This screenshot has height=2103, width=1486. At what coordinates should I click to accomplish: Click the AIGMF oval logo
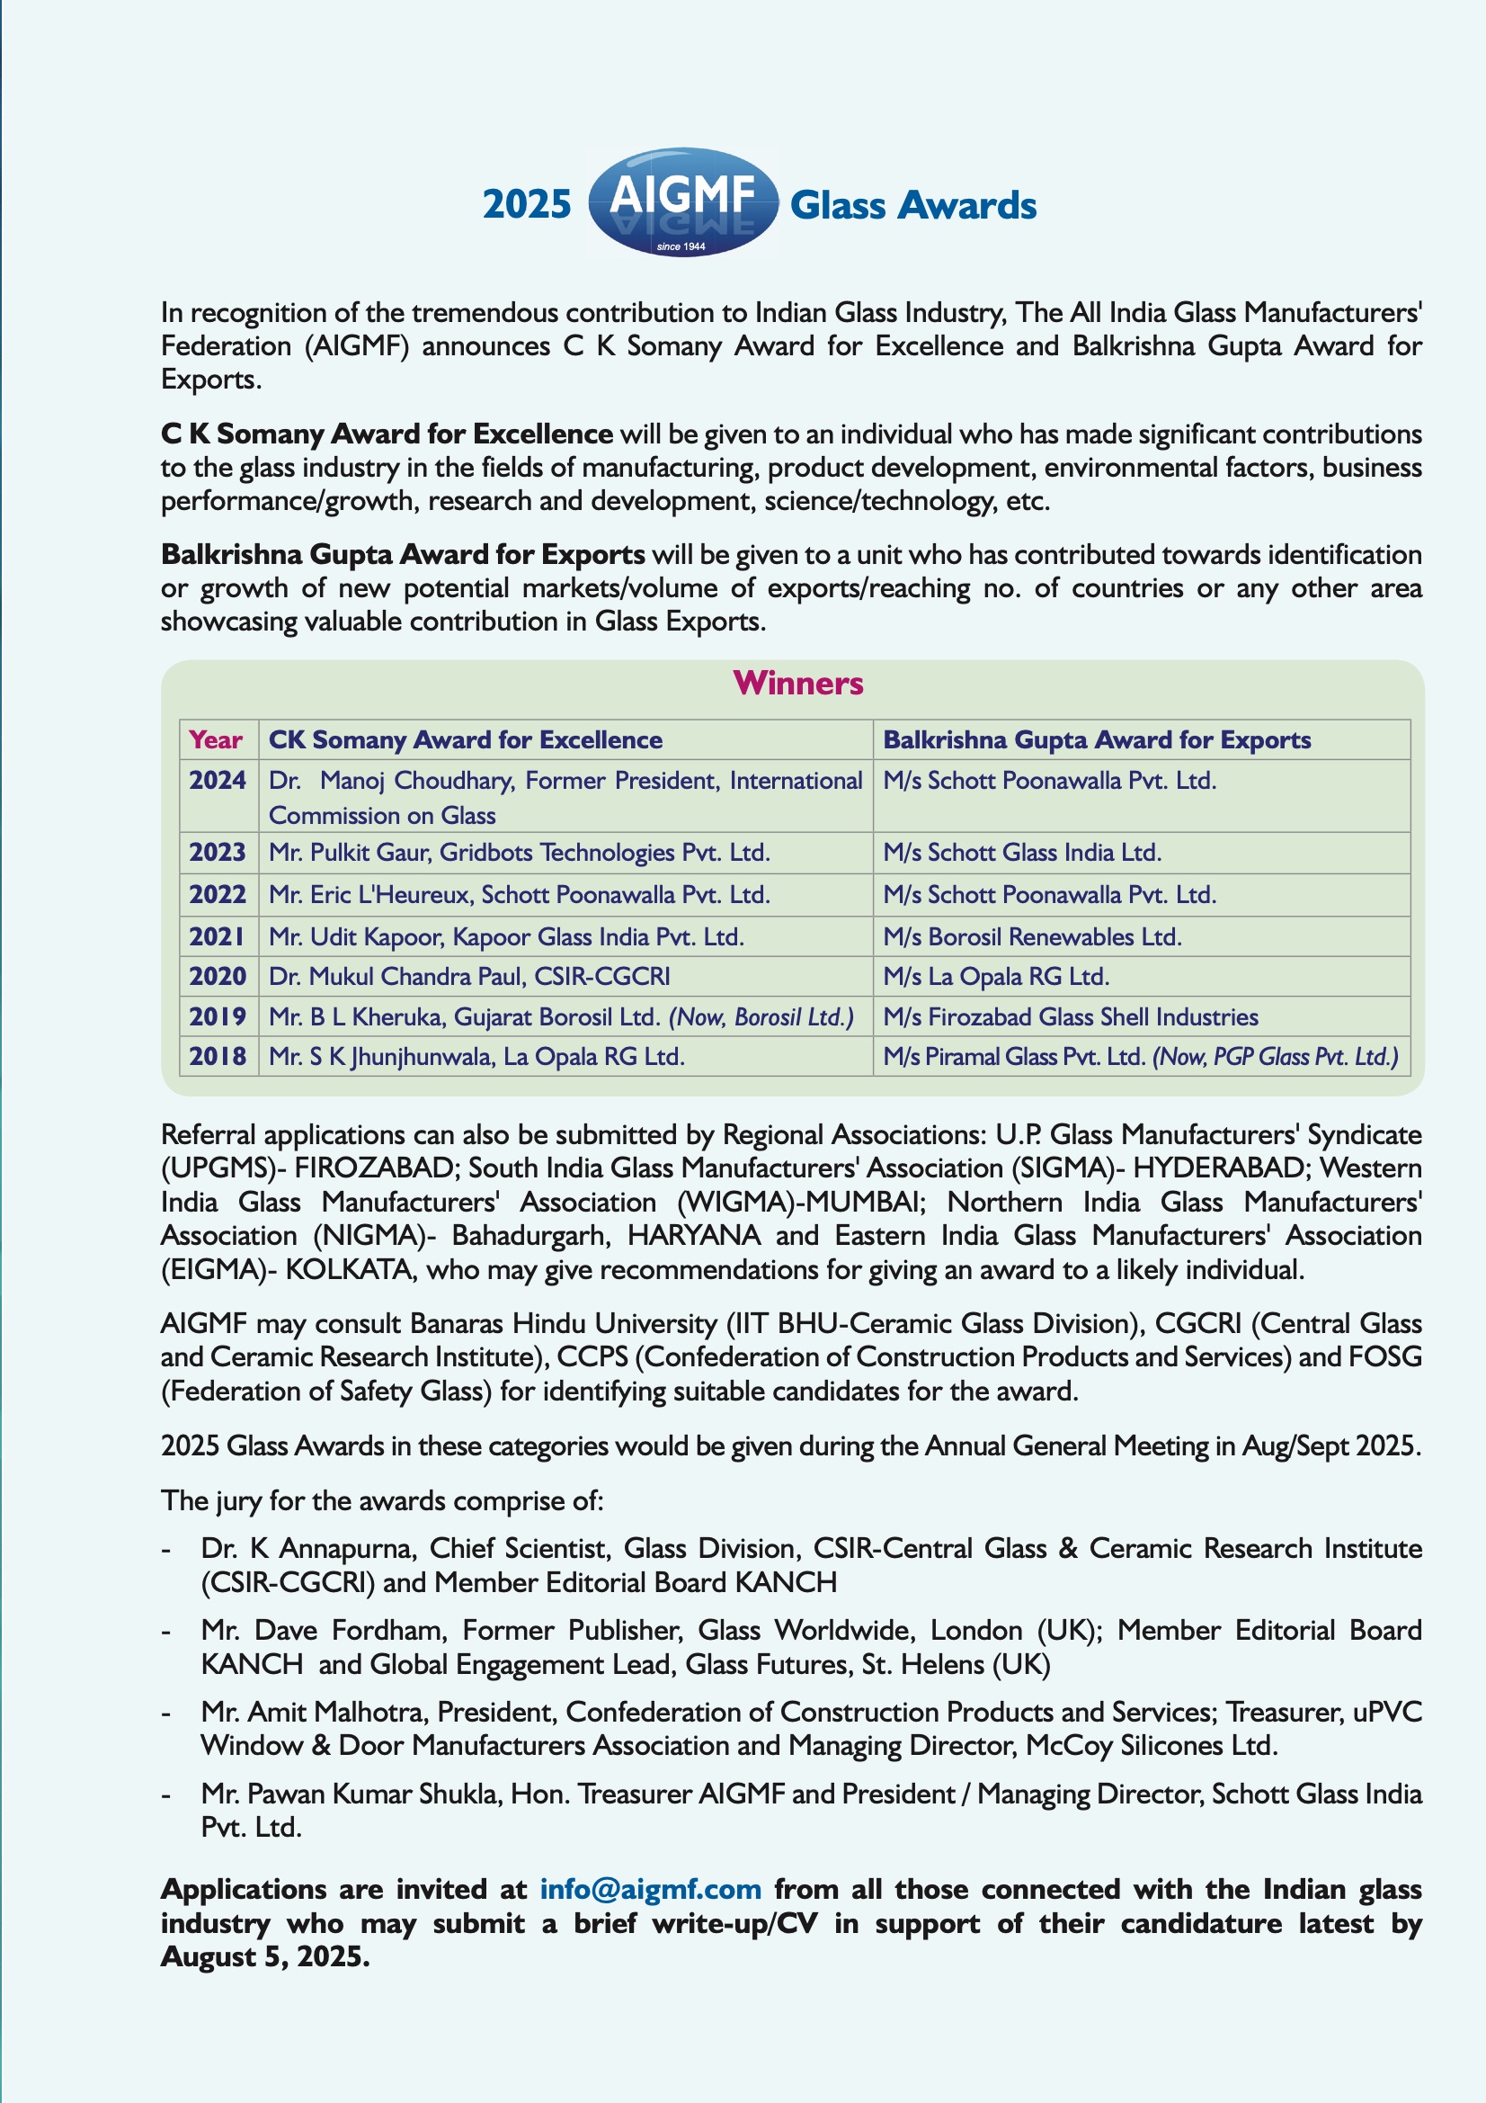[x=682, y=201]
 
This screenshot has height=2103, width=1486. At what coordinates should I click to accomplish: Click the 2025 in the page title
[x=527, y=204]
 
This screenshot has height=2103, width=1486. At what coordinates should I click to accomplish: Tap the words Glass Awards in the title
[x=912, y=205]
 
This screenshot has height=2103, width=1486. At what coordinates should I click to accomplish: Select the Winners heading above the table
[x=797, y=684]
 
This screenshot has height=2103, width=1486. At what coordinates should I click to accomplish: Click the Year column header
[x=216, y=740]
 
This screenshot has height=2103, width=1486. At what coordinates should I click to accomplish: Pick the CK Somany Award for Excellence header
[x=465, y=740]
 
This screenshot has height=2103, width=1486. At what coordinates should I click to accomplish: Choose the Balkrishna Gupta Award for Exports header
[x=1096, y=740]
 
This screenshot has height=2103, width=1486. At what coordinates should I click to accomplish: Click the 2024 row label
[x=218, y=781]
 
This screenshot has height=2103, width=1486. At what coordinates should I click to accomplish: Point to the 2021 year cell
[x=218, y=937]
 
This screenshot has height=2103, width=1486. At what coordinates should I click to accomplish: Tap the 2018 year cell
[x=218, y=1057]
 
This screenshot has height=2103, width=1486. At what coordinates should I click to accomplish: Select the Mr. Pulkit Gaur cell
[x=519, y=853]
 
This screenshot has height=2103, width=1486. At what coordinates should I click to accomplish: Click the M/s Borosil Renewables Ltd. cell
[x=1032, y=937]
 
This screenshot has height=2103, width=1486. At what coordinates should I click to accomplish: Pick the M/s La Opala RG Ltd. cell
[x=995, y=977]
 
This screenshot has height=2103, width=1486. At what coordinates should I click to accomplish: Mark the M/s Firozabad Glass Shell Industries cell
[x=1071, y=1016]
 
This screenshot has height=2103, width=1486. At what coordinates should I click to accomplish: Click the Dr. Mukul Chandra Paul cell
[x=468, y=977]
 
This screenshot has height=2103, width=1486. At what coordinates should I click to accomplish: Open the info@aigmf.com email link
[x=650, y=1889]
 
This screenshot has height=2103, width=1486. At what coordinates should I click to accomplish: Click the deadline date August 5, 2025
[x=265, y=1956]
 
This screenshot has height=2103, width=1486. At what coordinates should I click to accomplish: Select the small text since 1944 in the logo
[x=681, y=246]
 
